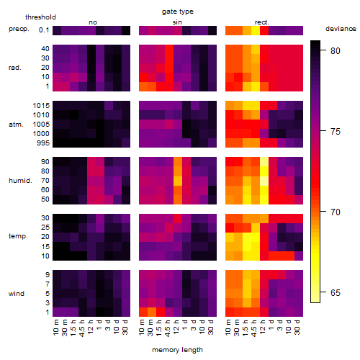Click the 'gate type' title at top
pyautogui.click(x=178, y=12)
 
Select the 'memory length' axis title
pyautogui.click(x=177, y=350)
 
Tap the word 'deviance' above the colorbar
pyautogui.click(x=341, y=29)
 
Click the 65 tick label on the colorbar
pyautogui.click(x=336, y=293)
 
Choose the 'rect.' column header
pyautogui.click(x=261, y=22)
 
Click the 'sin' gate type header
pyautogui.click(x=177, y=22)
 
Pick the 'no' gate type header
pyautogui.click(x=93, y=22)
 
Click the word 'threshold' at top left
pyautogui.click(x=40, y=17)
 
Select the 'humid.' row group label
pyautogui.click(x=20, y=181)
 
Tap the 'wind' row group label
pyautogui.click(x=17, y=294)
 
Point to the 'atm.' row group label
pyautogui.click(x=16, y=125)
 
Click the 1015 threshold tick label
pyautogui.click(x=41, y=106)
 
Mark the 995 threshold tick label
pyautogui.click(x=43, y=143)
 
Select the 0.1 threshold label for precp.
pyautogui.click(x=44, y=30)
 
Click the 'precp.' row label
pyautogui.click(x=19, y=29)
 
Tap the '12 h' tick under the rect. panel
pyautogui.click(x=262, y=327)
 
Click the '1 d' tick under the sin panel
pyautogui.click(x=184, y=325)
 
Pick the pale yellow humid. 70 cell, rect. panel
pyautogui.click(x=264, y=181)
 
